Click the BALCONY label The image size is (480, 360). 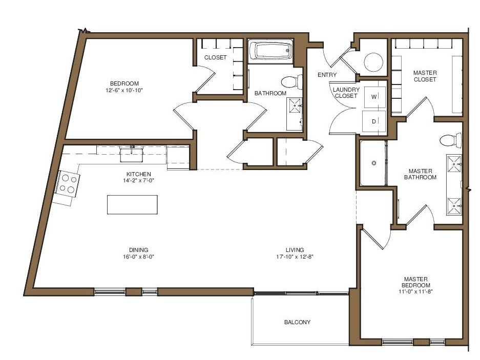coord(297,322)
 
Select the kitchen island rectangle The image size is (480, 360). coord(132,204)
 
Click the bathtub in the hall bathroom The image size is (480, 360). coord(270,51)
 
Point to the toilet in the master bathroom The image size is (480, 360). coord(450,140)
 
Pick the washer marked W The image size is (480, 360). coord(374,96)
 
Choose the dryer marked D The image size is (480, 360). coord(374,121)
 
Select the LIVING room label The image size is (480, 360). coord(295,250)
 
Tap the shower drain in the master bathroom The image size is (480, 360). coord(374,163)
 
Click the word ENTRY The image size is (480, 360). coord(327,75)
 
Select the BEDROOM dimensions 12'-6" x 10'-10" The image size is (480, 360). coord(124,91)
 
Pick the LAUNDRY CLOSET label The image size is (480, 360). coord(346,93)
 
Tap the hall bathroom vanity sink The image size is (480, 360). coord(295,106)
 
